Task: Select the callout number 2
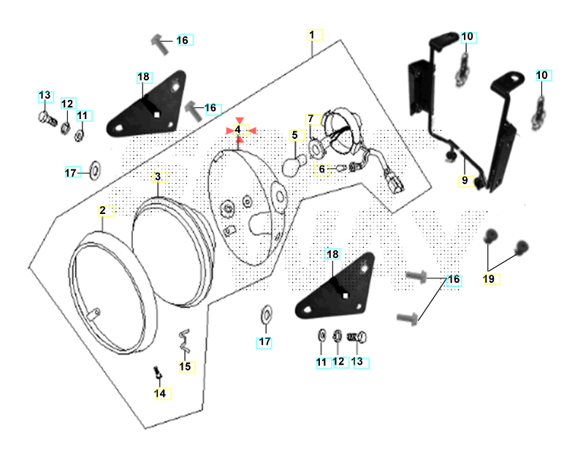[x=103, y=210]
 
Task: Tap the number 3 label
[x=157, y=178]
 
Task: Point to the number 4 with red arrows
[x=237, y=130]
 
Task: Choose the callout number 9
[x=463, y=180]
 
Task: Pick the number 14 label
[x=160, y=393]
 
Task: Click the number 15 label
[x=185, y=366]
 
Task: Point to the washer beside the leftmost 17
[x=95, y=173]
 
